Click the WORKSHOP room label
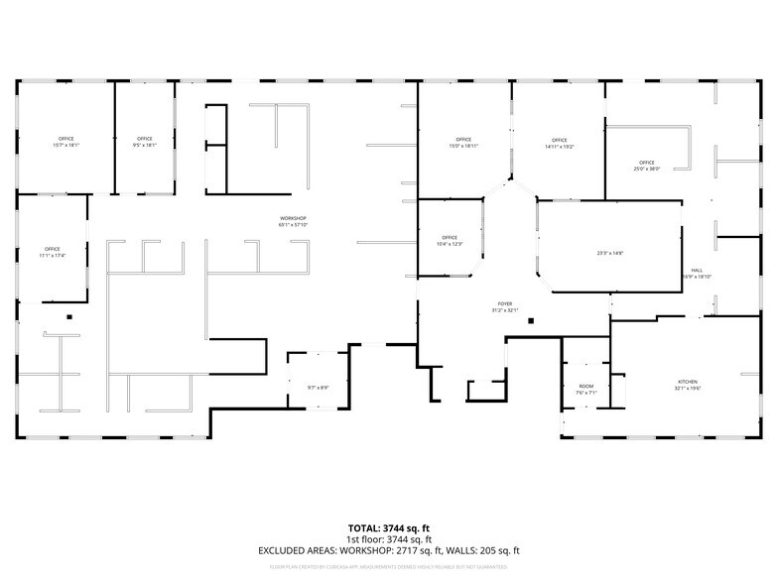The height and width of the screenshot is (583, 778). coord(293,218)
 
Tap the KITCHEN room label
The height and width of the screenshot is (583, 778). coord(689,382)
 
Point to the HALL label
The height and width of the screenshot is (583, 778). coord(698,271)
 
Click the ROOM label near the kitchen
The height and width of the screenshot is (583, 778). coord(585,386)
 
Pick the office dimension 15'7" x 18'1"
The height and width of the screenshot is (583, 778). coord(65,146)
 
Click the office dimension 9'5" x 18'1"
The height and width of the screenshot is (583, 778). coord(145,146)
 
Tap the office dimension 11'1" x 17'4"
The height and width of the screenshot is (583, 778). coord(52,256)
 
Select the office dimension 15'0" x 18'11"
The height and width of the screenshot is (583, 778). coord(463,146)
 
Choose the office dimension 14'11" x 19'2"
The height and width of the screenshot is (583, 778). coord(560,147)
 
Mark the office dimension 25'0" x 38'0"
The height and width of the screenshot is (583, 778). coord(647,169)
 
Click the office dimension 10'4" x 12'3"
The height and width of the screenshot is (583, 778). coord(450,244)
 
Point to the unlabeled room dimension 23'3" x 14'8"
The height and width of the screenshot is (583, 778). coord(609,253)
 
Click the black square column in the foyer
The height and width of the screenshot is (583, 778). coord(532,321)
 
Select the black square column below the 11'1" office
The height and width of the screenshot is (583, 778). coord(69,317)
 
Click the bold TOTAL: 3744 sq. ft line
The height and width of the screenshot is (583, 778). coord(388,527)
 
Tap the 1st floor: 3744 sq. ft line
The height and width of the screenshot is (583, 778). coord(388,538)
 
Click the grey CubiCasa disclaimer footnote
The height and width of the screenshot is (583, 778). coord(388,567)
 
